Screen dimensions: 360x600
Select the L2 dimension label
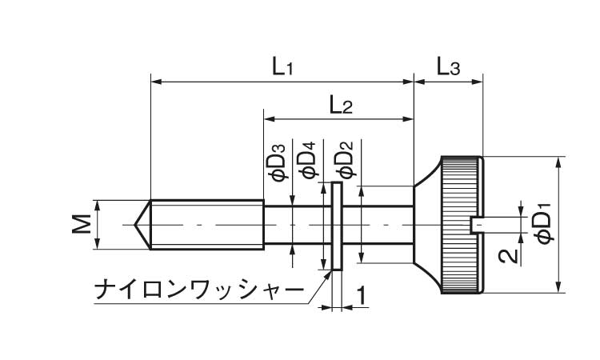(x=340, y=105)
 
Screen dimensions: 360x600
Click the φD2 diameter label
(x=344, y=160)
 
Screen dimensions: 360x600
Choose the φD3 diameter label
(x=277, y=161)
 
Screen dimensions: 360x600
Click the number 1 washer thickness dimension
(x=361, y=296)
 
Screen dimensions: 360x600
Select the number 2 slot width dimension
(x=505, y=256)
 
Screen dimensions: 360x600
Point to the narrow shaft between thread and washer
(x=296, y=225)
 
